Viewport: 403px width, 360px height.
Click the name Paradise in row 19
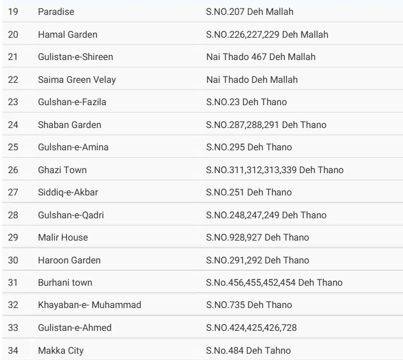tap(56, 12)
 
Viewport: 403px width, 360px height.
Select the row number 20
tap(13, 35)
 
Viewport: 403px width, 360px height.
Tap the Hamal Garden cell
tap(67, 35)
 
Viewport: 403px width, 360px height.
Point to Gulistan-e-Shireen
tap(75, 57)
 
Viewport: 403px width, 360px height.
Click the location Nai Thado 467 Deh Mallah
tap(260, 57)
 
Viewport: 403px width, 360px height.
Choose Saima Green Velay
tap(76, 80)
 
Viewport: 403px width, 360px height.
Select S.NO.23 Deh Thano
tap(246, 102)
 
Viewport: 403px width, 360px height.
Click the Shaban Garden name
tap(69, 125)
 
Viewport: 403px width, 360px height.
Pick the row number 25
tap(13, 147)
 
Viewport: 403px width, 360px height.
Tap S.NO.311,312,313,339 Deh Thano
tap(275, 170)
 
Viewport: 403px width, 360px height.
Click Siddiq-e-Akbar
tap(68, 193)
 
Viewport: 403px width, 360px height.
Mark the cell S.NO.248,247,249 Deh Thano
tap(266, 215)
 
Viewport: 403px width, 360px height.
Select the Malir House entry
tap(63, 238)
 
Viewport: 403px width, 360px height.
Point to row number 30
tap(13, 261)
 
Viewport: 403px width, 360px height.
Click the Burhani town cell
tap(65, 283)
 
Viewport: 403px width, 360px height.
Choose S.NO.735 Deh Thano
tap(249, 305)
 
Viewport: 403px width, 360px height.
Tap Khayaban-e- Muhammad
tap(90, 305)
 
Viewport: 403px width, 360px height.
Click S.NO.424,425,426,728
tap(251, 328)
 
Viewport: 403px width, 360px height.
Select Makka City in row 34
tap(61, 350)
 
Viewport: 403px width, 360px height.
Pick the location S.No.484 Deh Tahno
tap(248, 350)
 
